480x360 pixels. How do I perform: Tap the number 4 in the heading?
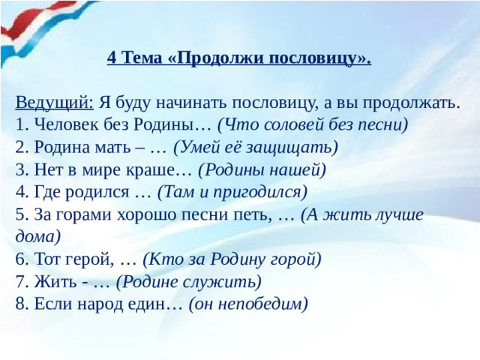click(x=112, y=58)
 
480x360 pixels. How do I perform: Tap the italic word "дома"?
click(x=35, y=236)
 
